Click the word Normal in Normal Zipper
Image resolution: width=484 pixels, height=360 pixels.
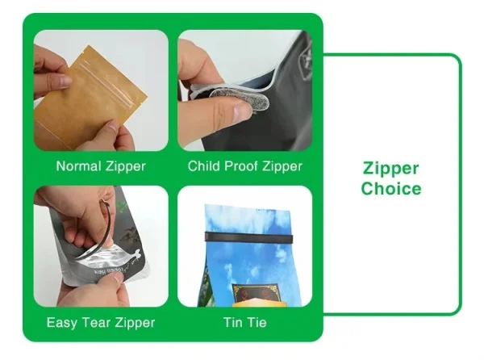79,166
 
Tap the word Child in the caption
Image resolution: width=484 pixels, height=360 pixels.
204,165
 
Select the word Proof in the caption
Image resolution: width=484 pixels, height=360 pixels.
241,165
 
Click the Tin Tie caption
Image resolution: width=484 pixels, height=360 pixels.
245,322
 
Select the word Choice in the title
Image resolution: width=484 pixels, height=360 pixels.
391,188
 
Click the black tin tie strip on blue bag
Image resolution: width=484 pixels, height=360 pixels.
248,237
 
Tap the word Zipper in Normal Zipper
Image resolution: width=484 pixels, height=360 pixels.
126,167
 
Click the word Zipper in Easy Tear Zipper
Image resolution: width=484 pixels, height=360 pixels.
136,323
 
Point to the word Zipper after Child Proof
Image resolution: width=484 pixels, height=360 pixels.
282,167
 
